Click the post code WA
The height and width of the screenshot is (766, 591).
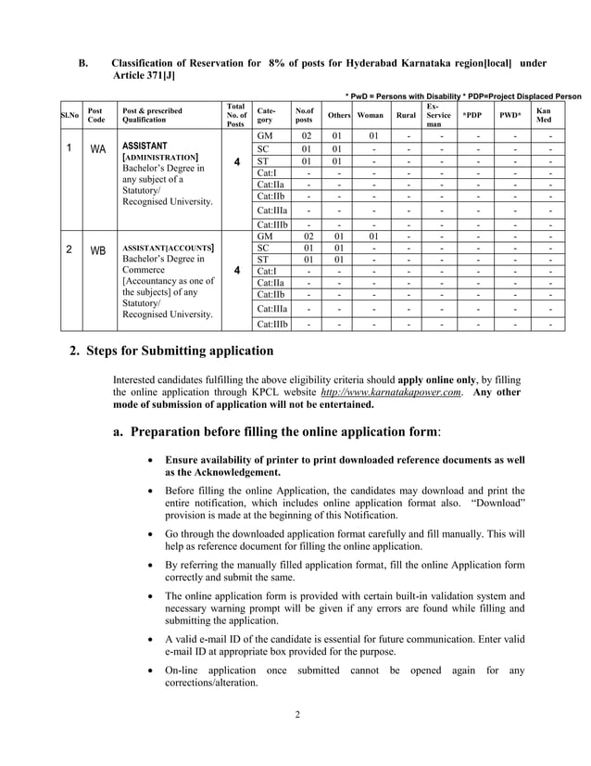click(96, 149)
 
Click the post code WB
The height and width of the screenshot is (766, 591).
click(96, 251)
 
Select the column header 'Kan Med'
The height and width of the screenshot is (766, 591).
click(544, 116)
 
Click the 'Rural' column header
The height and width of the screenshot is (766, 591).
click(406, 116)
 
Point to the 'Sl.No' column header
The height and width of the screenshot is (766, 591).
click(69, 116)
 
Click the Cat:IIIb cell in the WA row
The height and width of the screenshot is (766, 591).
click(272, 224)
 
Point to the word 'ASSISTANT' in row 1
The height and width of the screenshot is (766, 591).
click(145, 146)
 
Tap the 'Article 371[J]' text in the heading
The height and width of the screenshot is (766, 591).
click(144, 75)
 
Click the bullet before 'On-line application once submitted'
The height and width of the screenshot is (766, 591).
click(151, 670)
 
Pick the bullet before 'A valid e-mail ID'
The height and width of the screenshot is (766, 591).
click(151, 640)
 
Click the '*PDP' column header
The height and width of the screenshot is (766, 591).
click(472, 116)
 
